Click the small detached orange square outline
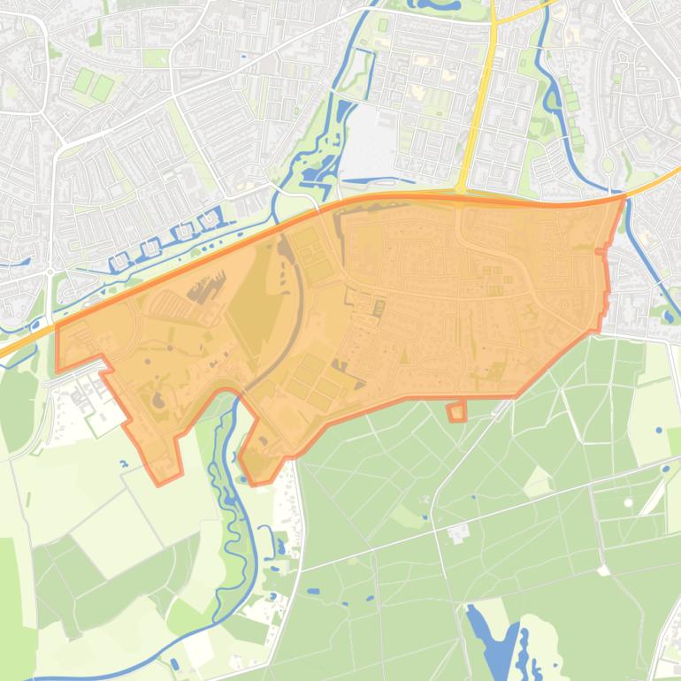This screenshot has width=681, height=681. (x=456, y=411)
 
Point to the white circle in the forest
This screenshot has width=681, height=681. (x=628, y=503)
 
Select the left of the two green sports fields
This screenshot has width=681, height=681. (x=83, y=82)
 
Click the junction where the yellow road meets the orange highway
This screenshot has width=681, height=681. (x=462, y=189)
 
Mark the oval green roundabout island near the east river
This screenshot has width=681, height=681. (x=607, y=165)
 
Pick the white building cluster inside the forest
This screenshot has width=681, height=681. (x=458, y=532)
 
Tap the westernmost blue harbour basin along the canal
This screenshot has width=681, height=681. (x=119, y=262)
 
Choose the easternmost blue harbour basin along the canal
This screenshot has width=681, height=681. (x=210, y=218)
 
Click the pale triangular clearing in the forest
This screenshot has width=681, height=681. (x=537, y=483)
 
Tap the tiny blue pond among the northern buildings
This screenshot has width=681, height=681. (x=243, y=58)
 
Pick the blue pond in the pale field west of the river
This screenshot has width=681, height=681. (x=121, y=462)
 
